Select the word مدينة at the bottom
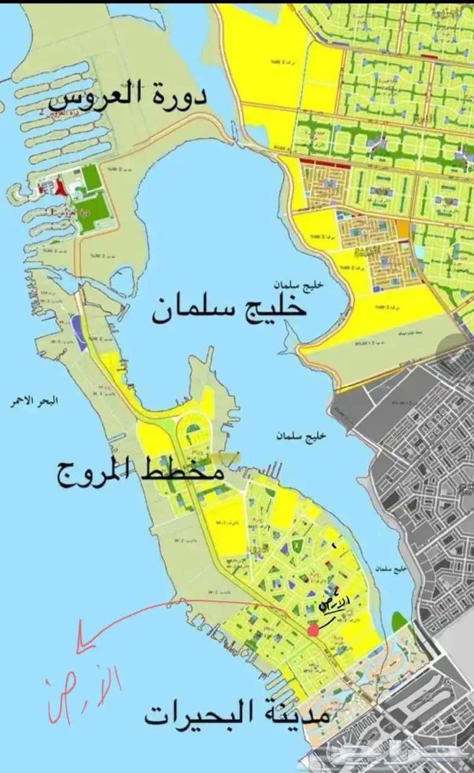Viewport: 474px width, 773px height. coord(295,716)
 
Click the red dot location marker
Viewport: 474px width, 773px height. coord(313,630)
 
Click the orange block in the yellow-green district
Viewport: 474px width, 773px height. coord(403,230)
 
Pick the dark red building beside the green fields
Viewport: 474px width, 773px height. coord(62,189)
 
